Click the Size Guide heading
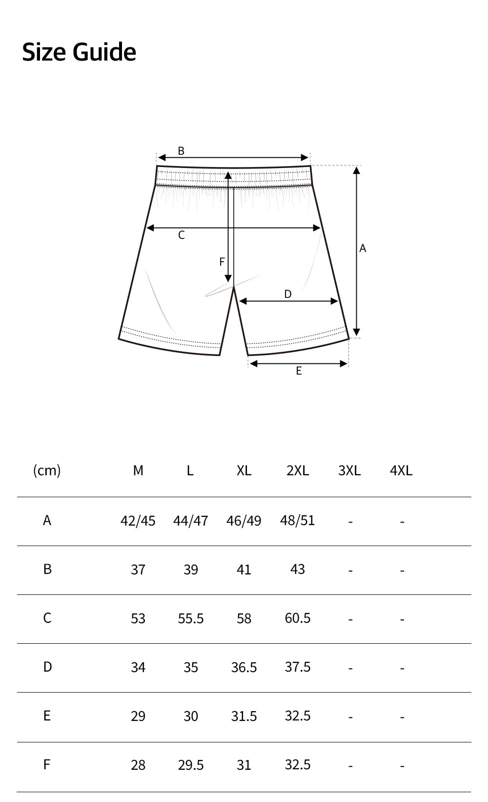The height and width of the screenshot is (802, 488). (x=79, y=52)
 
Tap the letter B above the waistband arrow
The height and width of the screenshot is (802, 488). (x=181, y=151)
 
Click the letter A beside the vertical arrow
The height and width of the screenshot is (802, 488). (x=363, y=249)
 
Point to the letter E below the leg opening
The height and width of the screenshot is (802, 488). (x=299, y=371)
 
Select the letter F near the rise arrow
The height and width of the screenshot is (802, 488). (x=222, y=262)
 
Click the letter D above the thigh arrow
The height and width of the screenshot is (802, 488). (x=288, y=294)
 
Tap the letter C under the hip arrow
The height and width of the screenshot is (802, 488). (x=182, y=235)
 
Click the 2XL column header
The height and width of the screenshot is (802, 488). (x=298, y=470)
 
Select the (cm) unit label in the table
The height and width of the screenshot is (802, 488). (x=47, y=470)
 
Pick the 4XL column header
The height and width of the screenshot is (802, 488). (x=401, y=470)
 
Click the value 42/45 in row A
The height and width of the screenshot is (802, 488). (x=138, y=521)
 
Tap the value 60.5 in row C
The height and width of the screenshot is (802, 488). (x=298, y=618)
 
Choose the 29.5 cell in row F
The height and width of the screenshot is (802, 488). (x=190, y=765)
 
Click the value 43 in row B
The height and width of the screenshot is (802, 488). (x=298, y=569)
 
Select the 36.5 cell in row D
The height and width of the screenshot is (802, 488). (x=244, y=667)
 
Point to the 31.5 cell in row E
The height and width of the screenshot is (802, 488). (x=244, y=716)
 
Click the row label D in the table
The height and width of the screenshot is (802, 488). (x=47, y=667)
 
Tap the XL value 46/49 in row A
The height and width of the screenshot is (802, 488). (x=244, y=521)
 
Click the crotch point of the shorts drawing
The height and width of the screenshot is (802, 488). (x=234, y=287)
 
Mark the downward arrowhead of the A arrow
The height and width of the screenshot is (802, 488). (x=357, y=331)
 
